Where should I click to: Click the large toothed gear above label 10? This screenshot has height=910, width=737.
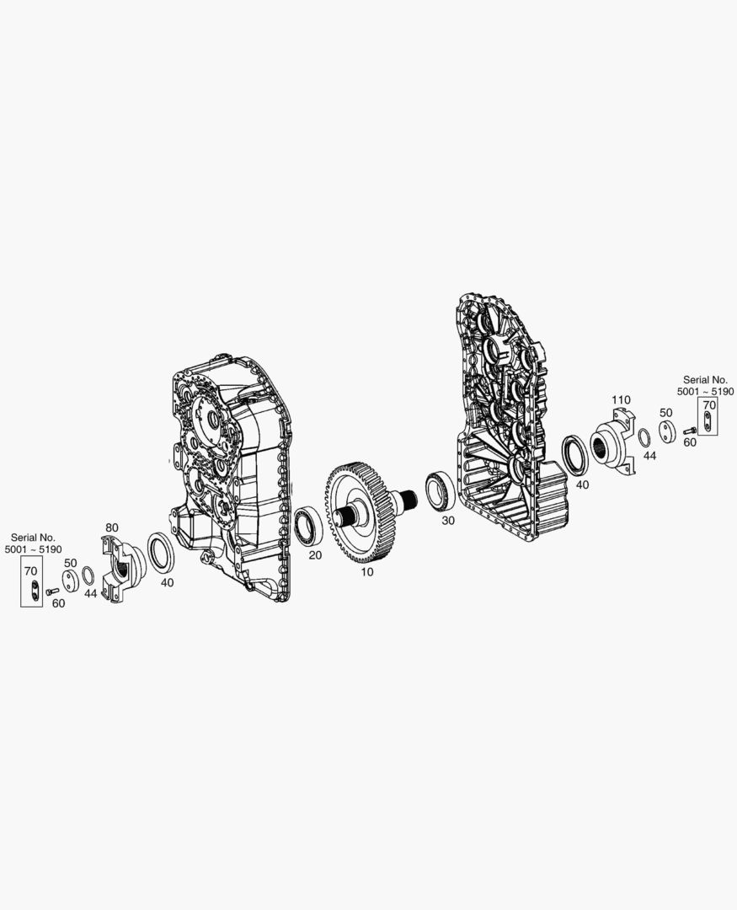point(361,512)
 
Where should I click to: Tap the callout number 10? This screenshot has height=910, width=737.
point(366,571)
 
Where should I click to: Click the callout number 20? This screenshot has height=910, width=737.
point(315,555)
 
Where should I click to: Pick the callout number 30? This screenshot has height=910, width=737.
point(448,521)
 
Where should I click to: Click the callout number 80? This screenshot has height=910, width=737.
point(111,527)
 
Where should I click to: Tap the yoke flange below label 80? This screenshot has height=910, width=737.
point(120,568)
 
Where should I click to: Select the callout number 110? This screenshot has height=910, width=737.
point(621,400)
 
